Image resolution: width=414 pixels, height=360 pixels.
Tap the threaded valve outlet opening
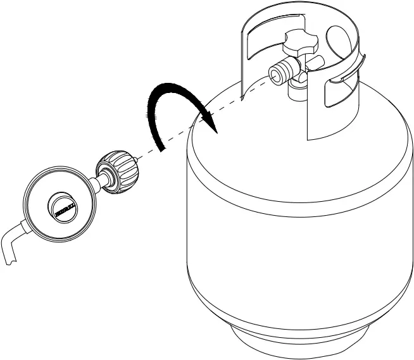(274, 73)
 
